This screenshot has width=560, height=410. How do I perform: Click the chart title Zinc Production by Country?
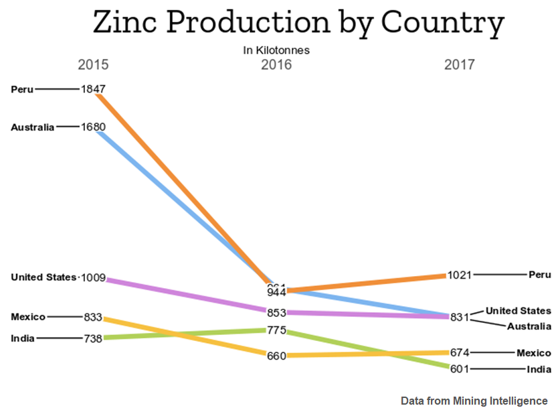pyautogui.click(x=298, y=23)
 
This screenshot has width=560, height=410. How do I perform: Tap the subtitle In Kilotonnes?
pyautogui.click(x=276, y=50)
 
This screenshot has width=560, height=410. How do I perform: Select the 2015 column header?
pyautogui.click(x=93, y=65)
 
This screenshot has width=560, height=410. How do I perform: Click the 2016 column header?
pyautogui.click(x=276, y=65)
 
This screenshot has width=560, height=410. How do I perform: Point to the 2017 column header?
pyautogui.click(x=459, y=65)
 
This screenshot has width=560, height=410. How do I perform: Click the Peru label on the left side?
pyautogui.click(x=22, y=88)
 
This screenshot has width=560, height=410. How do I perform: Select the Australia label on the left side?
pyautogui.click(x=33, y=127)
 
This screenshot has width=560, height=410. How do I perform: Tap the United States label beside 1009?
pyautogui.click(x=43, y=277)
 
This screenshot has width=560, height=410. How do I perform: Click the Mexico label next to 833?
pyautogui.click(x=28, y=316)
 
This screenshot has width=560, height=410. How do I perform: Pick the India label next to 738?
pyautogui.click(x=23, y=338)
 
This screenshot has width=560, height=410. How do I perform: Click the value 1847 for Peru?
pyautogui.click(x=93, y=88)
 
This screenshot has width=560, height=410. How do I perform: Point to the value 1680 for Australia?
pyautogui.click(x=93, y=126)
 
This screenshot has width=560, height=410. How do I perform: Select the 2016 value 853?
pyautogui.click(x=276, y=313)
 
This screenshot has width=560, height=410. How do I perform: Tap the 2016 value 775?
pyautogui.click(x=276, y=330)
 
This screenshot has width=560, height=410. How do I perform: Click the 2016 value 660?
pyautogui.click(x=276, y=356)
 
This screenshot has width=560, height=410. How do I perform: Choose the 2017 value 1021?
pyautogui.click(x=460, y=275)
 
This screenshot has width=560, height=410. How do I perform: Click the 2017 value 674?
pyautogui.click(x=459, y=352)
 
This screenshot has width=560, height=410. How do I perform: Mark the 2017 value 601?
pyautogui.click(x=459, y=368)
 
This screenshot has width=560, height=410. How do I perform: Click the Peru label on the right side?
pyautogui.click(x=539, y=275)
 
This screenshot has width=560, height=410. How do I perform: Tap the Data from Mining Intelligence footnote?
pyautogui.click(x=474, y=401)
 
